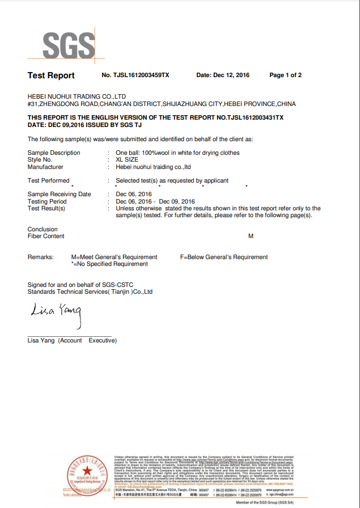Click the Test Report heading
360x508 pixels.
tap(51, 75)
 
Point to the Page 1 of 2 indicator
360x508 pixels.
tap(285, 75)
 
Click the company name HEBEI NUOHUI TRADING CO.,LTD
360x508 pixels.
tap(77, 97)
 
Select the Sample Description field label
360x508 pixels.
tap(54, 153)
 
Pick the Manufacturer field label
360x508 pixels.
tap(45, 167)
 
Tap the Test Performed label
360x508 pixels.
tap(49, 181)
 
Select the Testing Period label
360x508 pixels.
tap(47, 201)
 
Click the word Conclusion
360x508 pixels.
tap(43, 230)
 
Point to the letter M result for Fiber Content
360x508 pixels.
tap(251, 236)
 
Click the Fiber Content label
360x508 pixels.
tap(46, 236)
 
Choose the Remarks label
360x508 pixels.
tap(41, 257)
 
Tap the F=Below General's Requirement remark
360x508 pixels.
tap(223, 257)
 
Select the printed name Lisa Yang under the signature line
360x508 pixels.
tap(43, 341)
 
